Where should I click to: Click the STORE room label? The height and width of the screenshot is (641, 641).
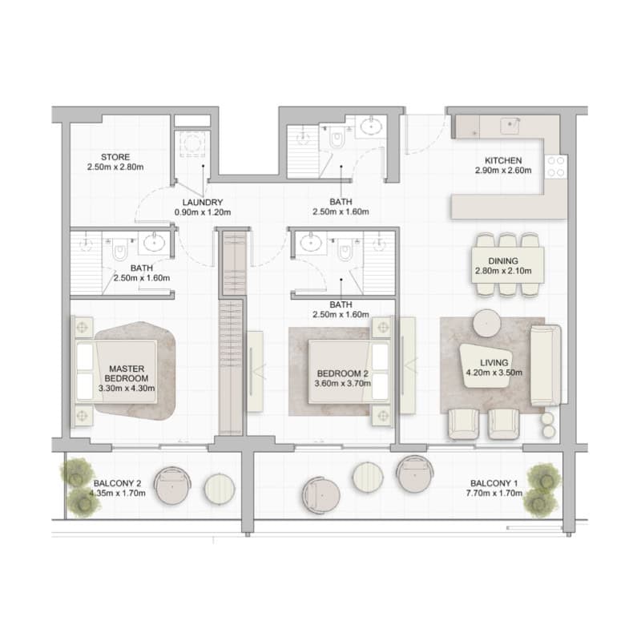(115, 157)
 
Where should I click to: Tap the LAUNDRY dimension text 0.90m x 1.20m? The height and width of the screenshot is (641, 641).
(203, 212)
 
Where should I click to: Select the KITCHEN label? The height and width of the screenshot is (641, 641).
(503, 161)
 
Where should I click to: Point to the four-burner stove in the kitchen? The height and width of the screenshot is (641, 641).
(556, 167)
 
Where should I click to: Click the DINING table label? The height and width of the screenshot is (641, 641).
(503, 261)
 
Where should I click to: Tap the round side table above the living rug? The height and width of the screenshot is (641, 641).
(486, 323)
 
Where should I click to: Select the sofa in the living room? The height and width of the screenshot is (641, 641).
(546, 365)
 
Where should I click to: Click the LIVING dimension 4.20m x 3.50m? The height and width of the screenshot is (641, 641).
(494, 373)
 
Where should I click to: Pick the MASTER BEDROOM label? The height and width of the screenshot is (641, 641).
(127, 373)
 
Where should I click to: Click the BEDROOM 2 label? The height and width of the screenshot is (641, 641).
(343, 373)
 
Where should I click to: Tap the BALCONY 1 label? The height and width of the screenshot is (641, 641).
(494, 483)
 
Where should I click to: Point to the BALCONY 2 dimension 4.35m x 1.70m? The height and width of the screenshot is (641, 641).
(117, 493)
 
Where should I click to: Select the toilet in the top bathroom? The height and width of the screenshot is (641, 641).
(337, 139)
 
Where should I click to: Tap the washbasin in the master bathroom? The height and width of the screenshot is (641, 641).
(154, 243)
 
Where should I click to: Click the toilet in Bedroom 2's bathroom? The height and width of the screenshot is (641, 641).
(345, 251)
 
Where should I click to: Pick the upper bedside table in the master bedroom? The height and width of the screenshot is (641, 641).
(83, 327)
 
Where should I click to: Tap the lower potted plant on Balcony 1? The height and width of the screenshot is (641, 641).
(540, 502)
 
